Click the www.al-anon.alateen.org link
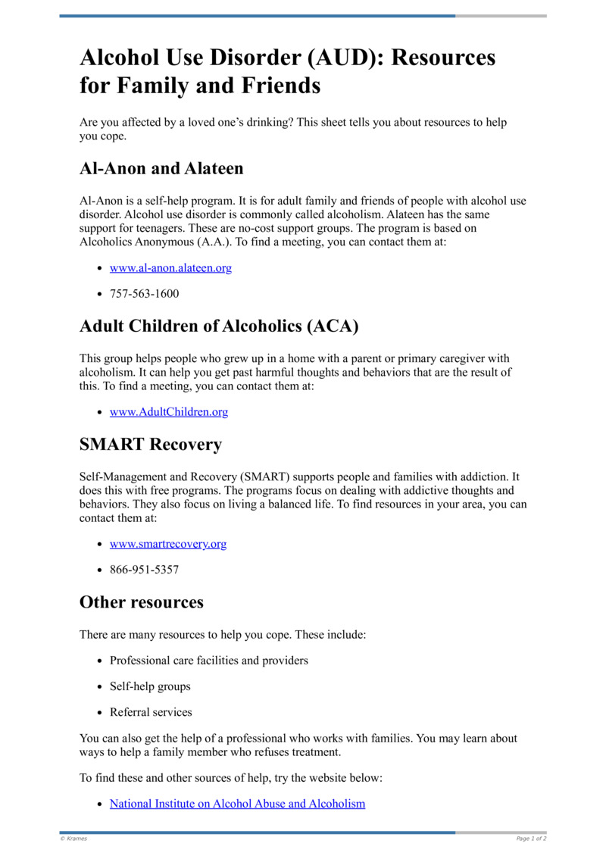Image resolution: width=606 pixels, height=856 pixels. pyautogui.click(x=170, y=267)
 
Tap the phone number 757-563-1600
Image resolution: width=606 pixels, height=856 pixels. pyautogui.click(x=144, y=293)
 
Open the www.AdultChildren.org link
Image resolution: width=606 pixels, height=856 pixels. pyautogui.click(x=169, y=412)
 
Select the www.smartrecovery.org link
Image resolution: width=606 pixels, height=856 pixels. pyautogui.click(x=168, y=544)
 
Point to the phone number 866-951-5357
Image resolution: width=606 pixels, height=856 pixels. pyautogui.click(x=144, y=570)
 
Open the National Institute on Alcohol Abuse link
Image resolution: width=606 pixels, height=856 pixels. pyautogui.click(x=237, y=803)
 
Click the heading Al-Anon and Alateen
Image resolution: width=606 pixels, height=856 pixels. pyautogui.click(x=161, y=167)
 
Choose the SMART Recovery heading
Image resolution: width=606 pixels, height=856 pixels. pyautogui.click(x=151, y=444)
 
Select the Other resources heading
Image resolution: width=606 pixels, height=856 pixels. pyautogui.click(x=142, y=602)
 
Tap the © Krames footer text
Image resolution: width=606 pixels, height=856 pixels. pyautogui.click(x=73, y=839)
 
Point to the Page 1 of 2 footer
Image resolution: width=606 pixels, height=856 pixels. pyautogui.click(x=531, y=839)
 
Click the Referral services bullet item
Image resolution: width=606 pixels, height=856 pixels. pyautogui.click(x=151, y=712)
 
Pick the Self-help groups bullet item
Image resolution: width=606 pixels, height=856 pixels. pyautogui.click(x=150, y=686)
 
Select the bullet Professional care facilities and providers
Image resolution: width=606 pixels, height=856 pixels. pyautogui.click(x=209, y=661)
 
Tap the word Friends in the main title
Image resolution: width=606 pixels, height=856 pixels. pyautogui.click(x=281, y=86)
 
